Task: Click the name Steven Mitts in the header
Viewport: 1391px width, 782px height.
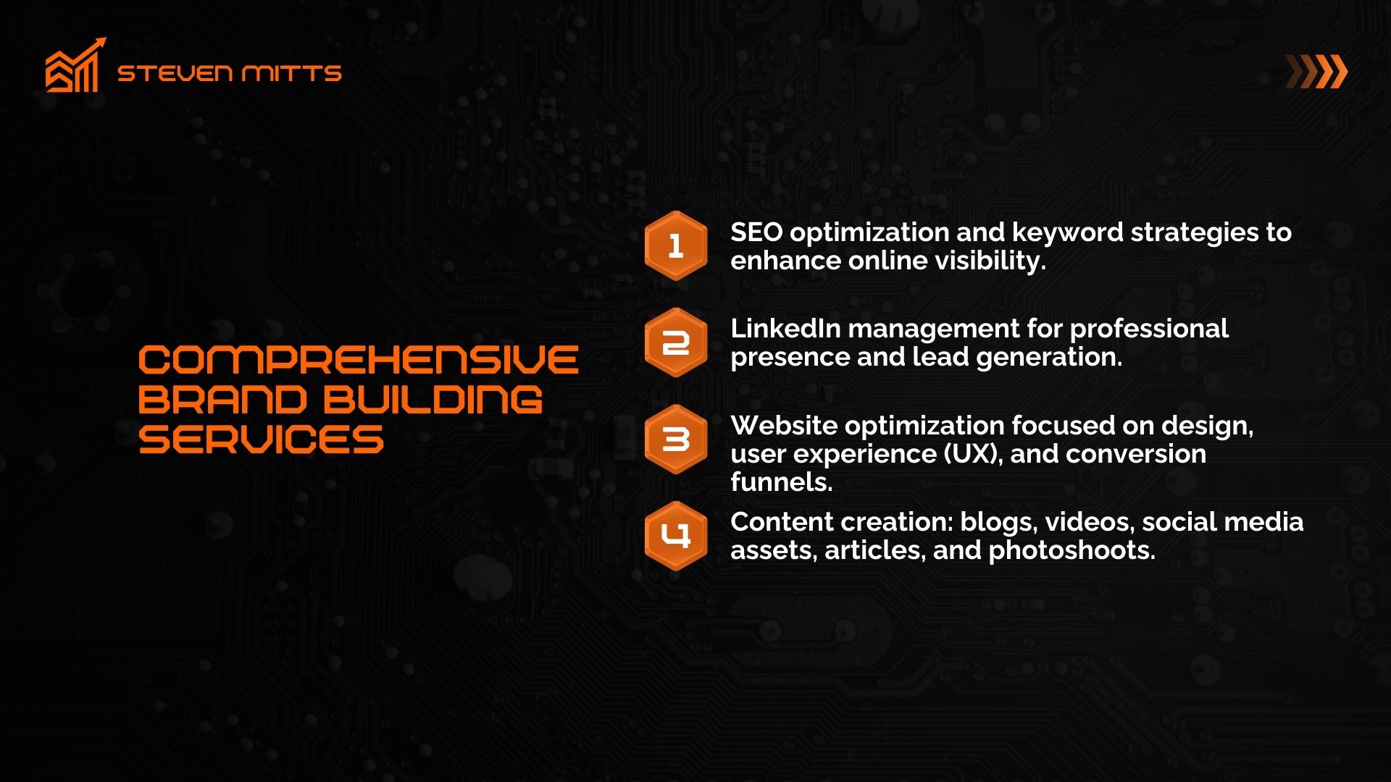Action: tap(230, 73)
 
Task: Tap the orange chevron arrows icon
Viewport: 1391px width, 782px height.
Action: tap(1316, 72)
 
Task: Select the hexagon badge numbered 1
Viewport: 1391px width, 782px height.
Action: tap(676, 246)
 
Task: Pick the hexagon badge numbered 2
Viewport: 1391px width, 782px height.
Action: tap(676, 342)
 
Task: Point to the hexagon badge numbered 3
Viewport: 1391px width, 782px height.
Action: tap(676, 440)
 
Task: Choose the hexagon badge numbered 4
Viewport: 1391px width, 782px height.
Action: tap(676, 536)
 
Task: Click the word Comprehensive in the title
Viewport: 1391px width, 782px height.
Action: tap(359, 360)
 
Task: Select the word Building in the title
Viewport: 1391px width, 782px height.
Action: tap(433, 400)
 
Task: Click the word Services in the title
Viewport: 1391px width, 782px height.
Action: tap(261, 440)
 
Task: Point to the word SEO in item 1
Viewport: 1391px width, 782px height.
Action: tap(756, 232)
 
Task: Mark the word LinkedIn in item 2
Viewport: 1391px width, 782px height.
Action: tap(785, 329)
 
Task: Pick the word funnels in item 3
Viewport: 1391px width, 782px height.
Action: tap(782, 482)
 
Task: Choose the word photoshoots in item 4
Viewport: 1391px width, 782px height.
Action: tap(1072, 551)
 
